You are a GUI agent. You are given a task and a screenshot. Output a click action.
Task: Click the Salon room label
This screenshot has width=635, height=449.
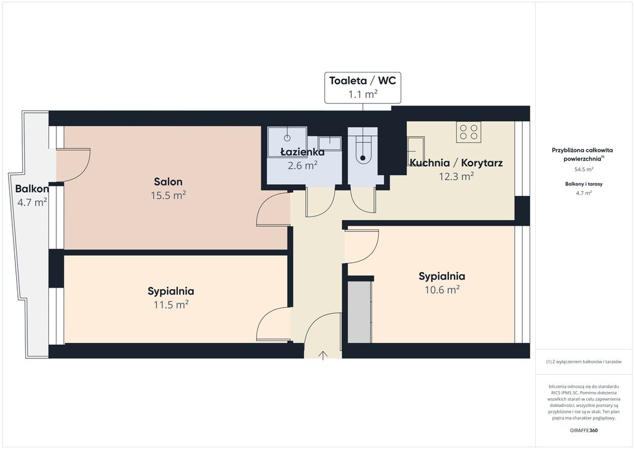pyautogui.click(x=168, y=182)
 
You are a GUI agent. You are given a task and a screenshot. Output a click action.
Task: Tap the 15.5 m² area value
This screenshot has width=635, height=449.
pyautogui.click(x=168, y=195)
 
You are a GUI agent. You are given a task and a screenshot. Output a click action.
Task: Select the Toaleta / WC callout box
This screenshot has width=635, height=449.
pyautogui.click(x=363, y=87)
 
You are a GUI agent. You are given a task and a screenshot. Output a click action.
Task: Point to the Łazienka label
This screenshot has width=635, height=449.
pyautogui.click(x=303, y=152)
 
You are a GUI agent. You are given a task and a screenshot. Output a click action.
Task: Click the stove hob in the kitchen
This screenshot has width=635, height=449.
pyautogui.click(x=469, y=132)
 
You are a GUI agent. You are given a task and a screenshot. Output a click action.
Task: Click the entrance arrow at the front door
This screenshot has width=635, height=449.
pyautogui.click(x=322, y=355)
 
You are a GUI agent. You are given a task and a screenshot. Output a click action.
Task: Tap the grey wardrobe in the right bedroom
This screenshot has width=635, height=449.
pyautogui.click(x=360, y=312)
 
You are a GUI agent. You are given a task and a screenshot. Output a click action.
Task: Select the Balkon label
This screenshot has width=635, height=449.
pyautogui.click(x=32, y=189)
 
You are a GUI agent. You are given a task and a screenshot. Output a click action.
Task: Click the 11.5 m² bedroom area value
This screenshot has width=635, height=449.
pyautogui.click(x=171, y=305)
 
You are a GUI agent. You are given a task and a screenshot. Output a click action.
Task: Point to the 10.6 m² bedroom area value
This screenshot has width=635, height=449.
pyautogui.click(x=442, y=290)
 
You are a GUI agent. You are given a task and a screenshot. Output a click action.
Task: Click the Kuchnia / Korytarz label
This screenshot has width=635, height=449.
pyautogui.click(x=456, y=162)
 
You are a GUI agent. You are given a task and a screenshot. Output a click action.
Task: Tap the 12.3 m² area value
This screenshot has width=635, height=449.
pyautogui.click(x=456, y=177)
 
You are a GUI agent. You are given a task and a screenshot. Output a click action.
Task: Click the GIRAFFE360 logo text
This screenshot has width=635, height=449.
pyautogui.click(x=584, y=430)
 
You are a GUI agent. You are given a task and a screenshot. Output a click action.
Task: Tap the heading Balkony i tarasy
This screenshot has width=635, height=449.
pyautogui.click(x=584, y=184)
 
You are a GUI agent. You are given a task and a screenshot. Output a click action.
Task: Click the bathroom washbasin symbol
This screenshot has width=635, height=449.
pyautogui.click(x=329, y=143)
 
